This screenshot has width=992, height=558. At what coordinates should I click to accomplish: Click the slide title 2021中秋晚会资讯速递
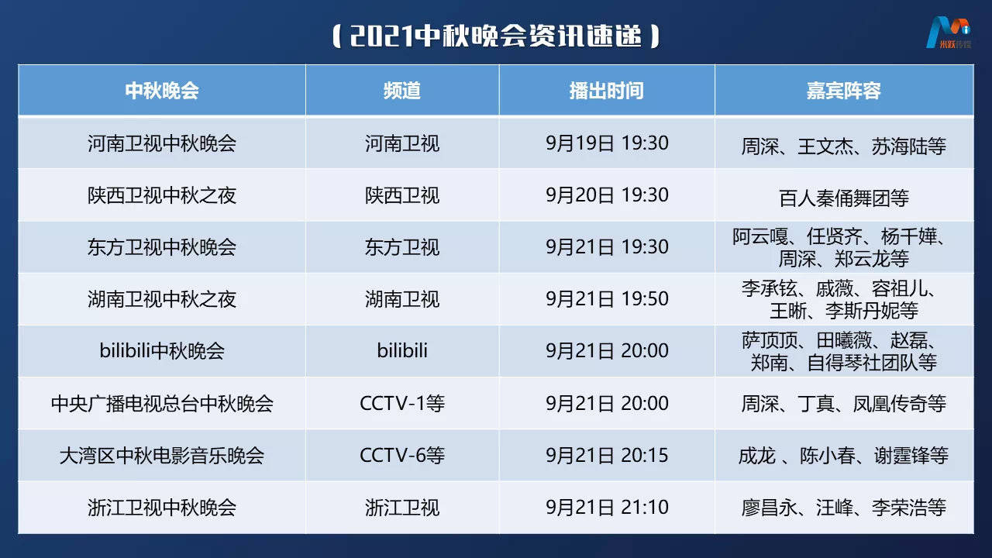[x=496, y=36]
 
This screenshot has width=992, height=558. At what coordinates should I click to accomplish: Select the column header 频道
[x=401, y=91]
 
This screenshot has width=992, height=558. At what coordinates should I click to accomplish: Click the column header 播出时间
[x=606, y=91]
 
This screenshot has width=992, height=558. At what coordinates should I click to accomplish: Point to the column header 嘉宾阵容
[x=843, y=91]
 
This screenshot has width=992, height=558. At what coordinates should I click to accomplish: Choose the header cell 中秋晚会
[x=162, y=91]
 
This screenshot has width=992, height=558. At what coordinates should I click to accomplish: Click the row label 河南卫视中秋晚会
[x=162, y=143]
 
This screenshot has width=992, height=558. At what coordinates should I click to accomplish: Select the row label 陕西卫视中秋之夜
[x=162, y=195]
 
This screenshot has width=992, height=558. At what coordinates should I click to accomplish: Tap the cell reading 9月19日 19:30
[x=607, y=143]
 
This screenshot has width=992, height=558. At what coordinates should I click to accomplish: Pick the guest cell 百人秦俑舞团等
[x=843, y=198]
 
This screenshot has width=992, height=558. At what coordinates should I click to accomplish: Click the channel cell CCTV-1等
[x=402, y=403]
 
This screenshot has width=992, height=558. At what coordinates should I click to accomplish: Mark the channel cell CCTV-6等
[x=402, y=455]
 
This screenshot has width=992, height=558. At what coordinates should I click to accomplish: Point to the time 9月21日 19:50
[x=607, y=299]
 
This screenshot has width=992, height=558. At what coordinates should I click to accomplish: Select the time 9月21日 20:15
[x=607, y=455]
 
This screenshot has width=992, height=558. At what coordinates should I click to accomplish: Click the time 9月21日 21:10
[x=607, y=507]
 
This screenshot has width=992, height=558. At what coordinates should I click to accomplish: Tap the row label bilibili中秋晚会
[x=162, y=351]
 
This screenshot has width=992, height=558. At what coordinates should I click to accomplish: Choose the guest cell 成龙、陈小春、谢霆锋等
[x=843, y=456]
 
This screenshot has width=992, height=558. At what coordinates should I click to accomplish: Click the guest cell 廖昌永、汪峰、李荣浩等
[x=843, y=508]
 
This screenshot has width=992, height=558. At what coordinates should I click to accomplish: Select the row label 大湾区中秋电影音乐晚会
[x=162, y=455]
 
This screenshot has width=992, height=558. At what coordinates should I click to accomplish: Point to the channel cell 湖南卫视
[x=402, y=299]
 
